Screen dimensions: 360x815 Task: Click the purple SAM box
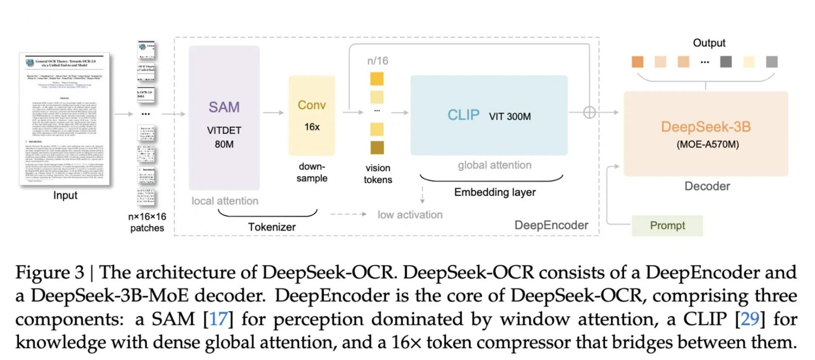point(224,118)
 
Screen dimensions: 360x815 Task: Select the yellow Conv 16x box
point(312,115)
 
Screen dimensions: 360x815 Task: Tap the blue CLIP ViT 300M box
point(489,115)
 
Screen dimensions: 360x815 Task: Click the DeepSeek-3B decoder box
point(705,134)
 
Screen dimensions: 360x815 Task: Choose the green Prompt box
point(667,225)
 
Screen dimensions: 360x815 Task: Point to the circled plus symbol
point(589,112)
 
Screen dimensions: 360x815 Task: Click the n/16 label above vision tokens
point(377,61)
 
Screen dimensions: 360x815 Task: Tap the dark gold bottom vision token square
point(377,147)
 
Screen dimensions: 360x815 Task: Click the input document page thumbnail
point(65,119)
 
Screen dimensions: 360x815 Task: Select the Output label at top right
point(709,43)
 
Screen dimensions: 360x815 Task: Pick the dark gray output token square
point(726,62)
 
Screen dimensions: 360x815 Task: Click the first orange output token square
point(637,62)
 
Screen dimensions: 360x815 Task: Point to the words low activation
point(410,215)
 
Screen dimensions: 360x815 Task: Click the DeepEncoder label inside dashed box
point(551,225)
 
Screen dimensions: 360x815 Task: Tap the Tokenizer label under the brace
point(272,227)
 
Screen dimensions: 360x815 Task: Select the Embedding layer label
point(495,192)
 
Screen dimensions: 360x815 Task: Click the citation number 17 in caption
point(218,319)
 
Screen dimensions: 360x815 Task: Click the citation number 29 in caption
point(750,319)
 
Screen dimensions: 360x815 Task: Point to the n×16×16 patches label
point(147,222)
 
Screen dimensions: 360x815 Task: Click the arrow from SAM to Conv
point(273,112)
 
